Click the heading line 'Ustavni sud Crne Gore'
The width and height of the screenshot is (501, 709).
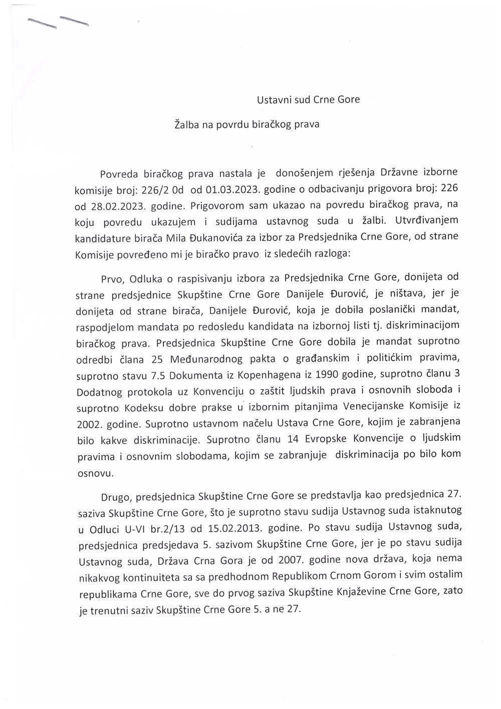pos(308,99)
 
